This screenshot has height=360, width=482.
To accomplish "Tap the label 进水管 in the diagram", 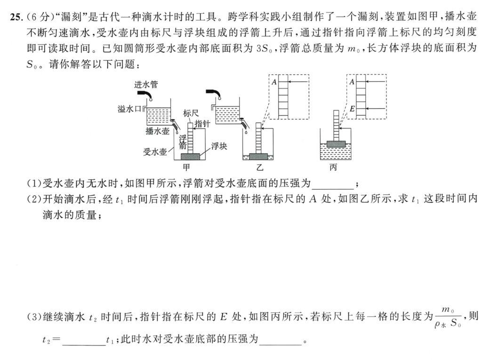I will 146,85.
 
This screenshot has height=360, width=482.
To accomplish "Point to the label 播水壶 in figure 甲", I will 158,131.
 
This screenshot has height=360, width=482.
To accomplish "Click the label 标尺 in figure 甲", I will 190,113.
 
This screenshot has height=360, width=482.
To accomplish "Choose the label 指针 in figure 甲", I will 202,124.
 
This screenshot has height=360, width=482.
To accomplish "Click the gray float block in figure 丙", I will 335,144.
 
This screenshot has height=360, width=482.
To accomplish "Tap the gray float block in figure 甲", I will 190,156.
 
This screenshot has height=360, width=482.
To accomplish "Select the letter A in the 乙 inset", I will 274,81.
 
